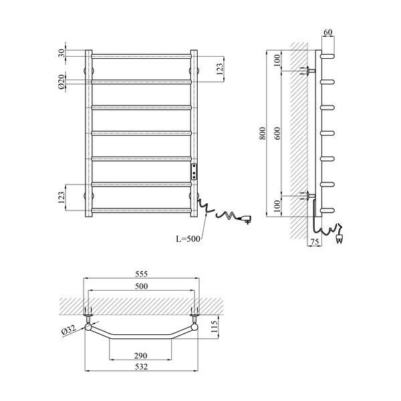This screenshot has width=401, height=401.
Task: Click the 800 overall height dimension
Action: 263,133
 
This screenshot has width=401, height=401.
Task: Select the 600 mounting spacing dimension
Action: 278,133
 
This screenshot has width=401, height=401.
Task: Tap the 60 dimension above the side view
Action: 328,32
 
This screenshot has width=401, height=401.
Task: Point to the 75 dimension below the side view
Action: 315,241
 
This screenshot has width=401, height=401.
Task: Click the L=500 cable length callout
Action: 188,239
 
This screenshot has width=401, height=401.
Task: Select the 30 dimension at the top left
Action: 61,53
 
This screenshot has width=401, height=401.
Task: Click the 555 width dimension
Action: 142,274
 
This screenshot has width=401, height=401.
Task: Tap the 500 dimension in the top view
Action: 142,286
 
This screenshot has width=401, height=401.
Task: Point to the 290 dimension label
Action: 140,356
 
